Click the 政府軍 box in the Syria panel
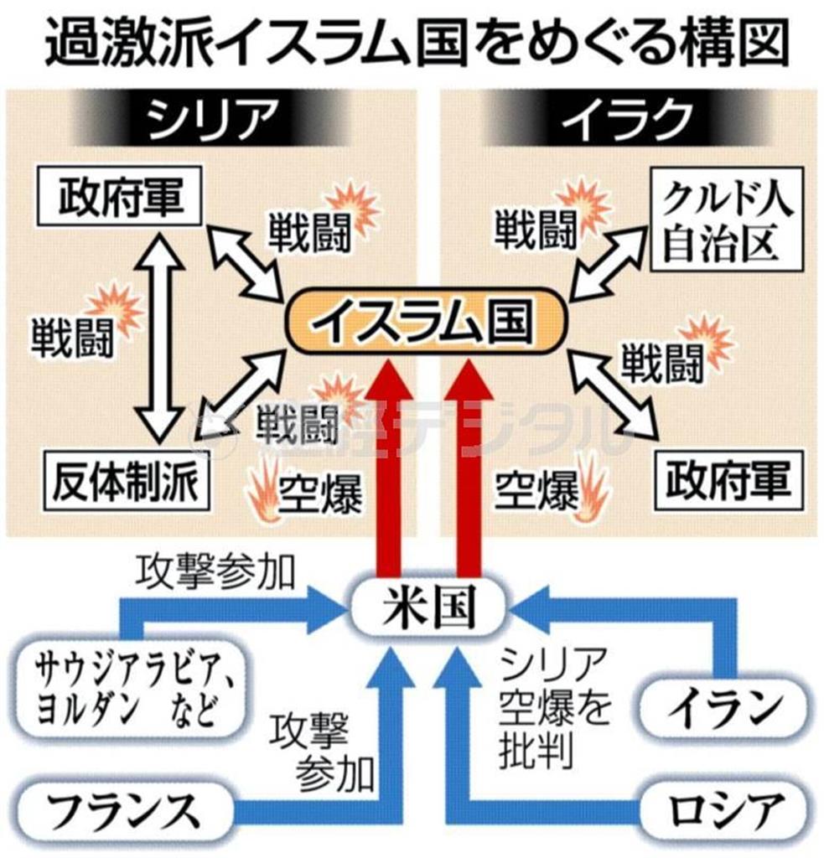(120, 198)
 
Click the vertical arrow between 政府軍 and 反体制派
(162, 339)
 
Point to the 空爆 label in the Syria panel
(319, 493)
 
